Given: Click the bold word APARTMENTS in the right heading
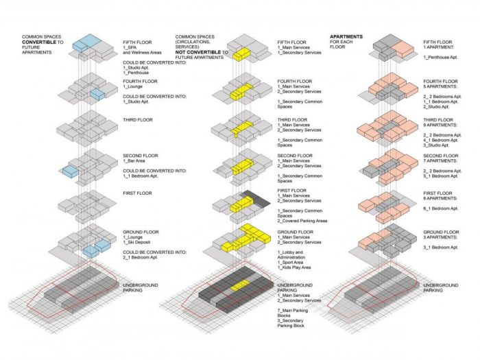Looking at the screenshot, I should pos(347,36).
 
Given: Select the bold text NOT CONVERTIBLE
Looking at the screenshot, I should pos(199,52).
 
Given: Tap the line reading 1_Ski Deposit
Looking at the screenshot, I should pos(140,243).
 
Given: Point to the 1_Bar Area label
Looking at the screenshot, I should pos(139,161).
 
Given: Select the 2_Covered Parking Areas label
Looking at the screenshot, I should pos(302,221).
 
